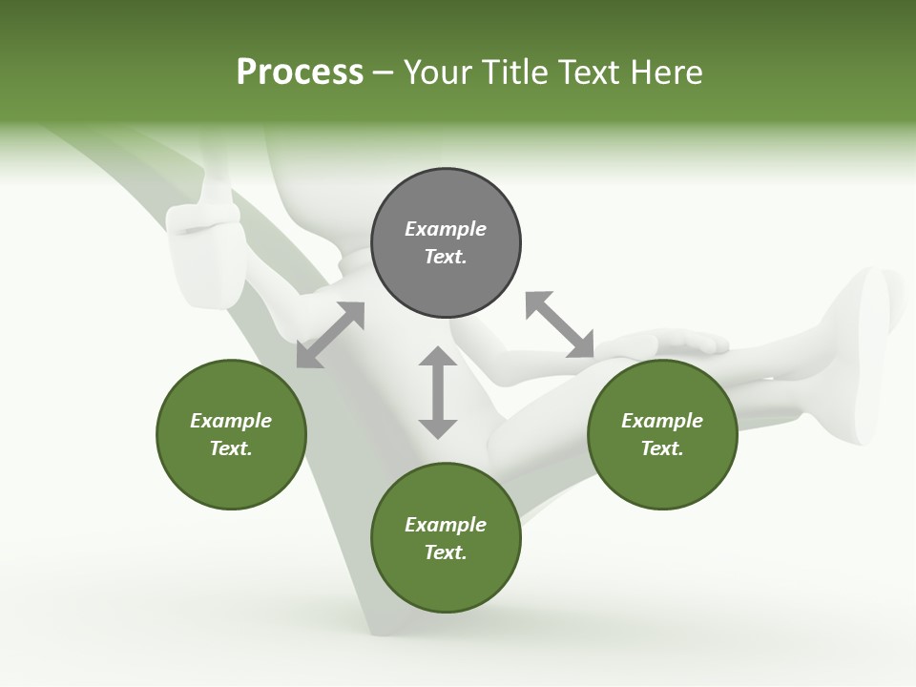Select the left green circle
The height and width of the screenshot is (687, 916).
tap(231, 434)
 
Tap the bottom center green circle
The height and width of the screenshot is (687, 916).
tap(446, 538)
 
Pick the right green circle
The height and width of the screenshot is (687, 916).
tap(662, 434)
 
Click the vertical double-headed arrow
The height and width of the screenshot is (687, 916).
tap(438, 392)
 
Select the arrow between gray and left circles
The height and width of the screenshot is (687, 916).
tap(330, 335)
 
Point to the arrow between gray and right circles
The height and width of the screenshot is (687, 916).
tap(559, 324)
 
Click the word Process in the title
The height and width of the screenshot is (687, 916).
tap(300, 73)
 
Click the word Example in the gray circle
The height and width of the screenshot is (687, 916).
tap(446, 229)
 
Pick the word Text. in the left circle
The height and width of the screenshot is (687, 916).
tap(231, 448)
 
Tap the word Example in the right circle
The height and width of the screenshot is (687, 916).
tap(662, 421)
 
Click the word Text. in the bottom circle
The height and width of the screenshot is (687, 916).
tap(446, 552)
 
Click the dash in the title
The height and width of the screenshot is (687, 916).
tap(384, 73)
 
